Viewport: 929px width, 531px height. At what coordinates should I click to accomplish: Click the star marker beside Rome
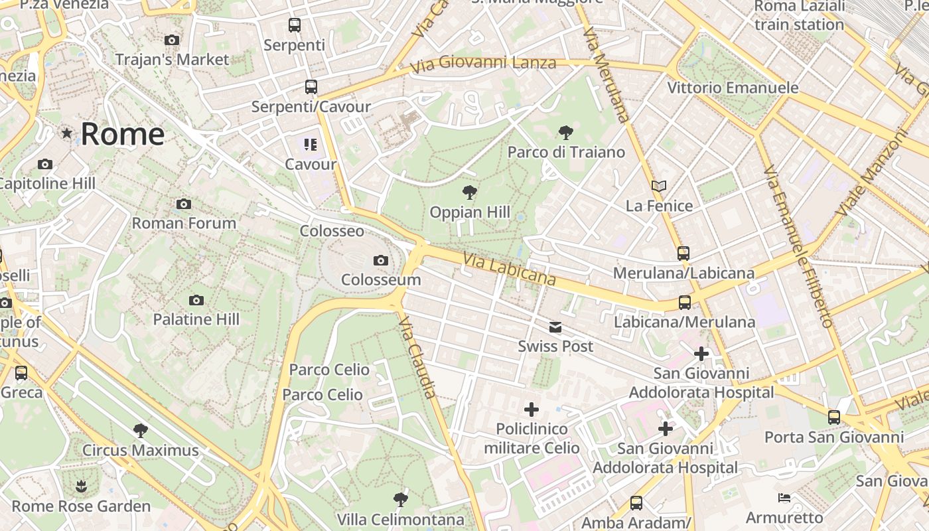(x=66, y=133)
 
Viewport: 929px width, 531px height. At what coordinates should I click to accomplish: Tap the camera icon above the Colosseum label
(x=381, y=260)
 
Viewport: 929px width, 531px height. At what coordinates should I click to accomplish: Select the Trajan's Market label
(x=172, y=59)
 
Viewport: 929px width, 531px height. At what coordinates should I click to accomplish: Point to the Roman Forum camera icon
(x=184, y=204)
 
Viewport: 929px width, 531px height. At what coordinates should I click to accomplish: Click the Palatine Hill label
(x=196, y=319)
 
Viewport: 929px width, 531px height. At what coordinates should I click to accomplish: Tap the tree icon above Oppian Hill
(x=470, y=193)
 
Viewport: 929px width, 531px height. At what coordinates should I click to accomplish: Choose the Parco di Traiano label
(x=566, y=152)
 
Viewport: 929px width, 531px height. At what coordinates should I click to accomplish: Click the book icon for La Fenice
(x=658, y=187)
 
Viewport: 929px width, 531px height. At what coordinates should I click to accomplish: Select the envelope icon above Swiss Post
(x=555, y=327)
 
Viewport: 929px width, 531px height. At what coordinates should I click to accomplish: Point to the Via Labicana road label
(x=509, y=269)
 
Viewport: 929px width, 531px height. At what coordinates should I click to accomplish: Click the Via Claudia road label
(x=418, y=357)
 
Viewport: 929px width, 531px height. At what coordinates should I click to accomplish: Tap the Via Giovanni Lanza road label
(x=483, y=65)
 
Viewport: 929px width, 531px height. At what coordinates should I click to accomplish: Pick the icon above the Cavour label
(x=311, y=145)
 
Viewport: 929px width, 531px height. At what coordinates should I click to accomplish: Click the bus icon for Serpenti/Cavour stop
(x=311, y=87)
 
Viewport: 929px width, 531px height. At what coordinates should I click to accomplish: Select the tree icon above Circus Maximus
(x=140, y=431)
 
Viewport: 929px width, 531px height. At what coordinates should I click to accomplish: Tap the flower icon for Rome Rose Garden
(x=81, y=487)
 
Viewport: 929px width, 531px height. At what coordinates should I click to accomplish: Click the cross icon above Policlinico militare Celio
(x=532, y=410)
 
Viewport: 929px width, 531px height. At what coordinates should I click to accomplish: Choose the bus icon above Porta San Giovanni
(x=834, y=417)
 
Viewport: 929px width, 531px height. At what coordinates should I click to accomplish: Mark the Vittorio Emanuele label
(x=733, y=88)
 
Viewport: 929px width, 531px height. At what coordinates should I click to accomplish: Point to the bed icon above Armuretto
(x=784, y=498)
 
